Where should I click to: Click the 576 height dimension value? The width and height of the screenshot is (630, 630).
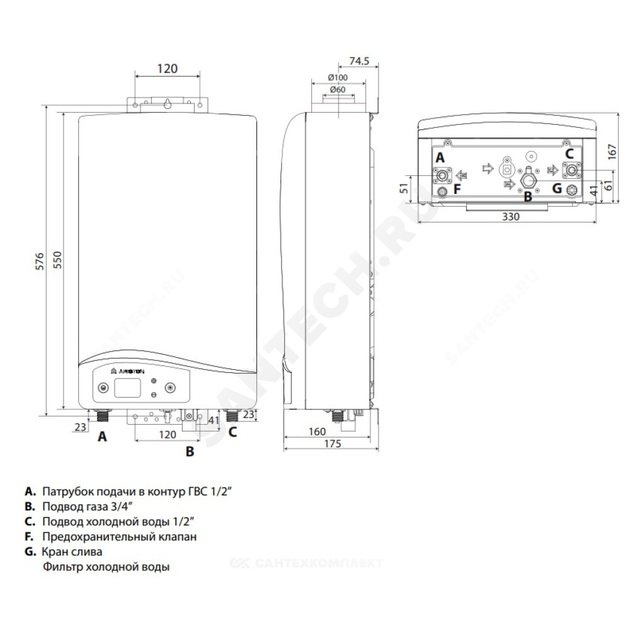point(39,261)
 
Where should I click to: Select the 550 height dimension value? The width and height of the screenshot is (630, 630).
point(58,260)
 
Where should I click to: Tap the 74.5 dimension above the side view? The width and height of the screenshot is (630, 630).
point(359,60)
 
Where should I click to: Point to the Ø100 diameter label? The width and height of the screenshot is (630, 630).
point(338,77)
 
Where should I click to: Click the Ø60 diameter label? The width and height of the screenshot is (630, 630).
point(338,89)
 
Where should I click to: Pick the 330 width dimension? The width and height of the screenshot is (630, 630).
point(511,217)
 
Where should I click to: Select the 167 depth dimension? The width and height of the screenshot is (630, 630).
point(612,152)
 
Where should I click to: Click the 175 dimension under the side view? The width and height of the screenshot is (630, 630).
point(332,444)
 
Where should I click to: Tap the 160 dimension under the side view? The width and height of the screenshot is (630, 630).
point(317,432)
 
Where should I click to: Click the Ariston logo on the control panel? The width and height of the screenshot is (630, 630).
point(127,371)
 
